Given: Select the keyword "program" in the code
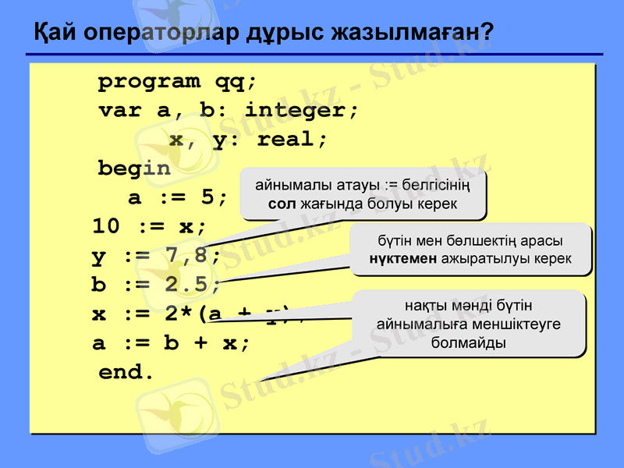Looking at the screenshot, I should pyautogui.click(x=148, y=81).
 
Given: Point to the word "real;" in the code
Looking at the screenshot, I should pyautogui.click(x=292, y=140).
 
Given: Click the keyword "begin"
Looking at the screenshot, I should pyautogui.click(x=133, y=168).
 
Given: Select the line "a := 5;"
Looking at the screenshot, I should pyautogui.click(x=178, y=197).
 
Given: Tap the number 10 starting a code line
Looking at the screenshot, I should pyautogui.click(x=106, y=227).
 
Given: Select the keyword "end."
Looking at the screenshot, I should pyautogui.click(x=126, y=373).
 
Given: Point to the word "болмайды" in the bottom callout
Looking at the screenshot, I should pyautogui.click(x=468, y=342).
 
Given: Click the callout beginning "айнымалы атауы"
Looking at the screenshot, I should pyautogui.click(x=363, y=194).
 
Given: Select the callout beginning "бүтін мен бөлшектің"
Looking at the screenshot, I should pyautogui.click(x=470, y=250).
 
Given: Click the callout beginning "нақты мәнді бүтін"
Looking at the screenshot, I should pyautogui.click(x=468, y=324).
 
